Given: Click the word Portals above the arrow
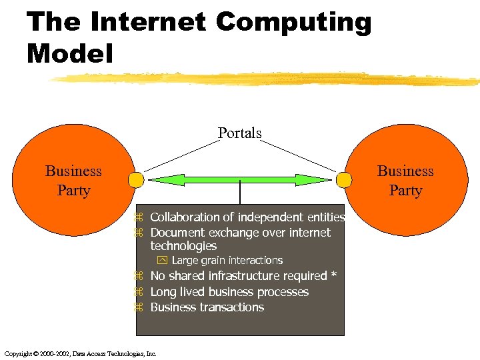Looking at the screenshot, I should pyautogui.click(x=240, y=133).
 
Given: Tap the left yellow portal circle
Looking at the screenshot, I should pyautogui.click(x=136, y=180).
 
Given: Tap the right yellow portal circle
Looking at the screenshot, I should pyautogui.click(x=344, y=180).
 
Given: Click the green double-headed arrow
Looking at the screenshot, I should pyautogui.click(x=239, y=180).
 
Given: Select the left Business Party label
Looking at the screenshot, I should pyautogui.click(x=73, y=181).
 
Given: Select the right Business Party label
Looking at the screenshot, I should pyautogui.click(x=405, y=181).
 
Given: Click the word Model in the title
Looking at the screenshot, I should pyautogui.click(x=70, y=53).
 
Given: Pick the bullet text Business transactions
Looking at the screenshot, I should pyautogui.click(x=207, y=307).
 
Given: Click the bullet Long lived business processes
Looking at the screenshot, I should pyautogui.click(x=229, y=292).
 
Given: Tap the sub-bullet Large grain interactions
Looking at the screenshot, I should pyautogui.click(x=227, y=261).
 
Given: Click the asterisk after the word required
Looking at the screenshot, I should pyautogui.click(x=333, y=275).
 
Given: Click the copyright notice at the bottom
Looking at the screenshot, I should pyautogui.click(x=80, y=353).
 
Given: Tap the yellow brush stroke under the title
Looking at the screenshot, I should pyautogui.click(x=267, y=79).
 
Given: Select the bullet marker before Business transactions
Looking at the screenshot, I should pyautogui.click(x=140, y=308).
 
